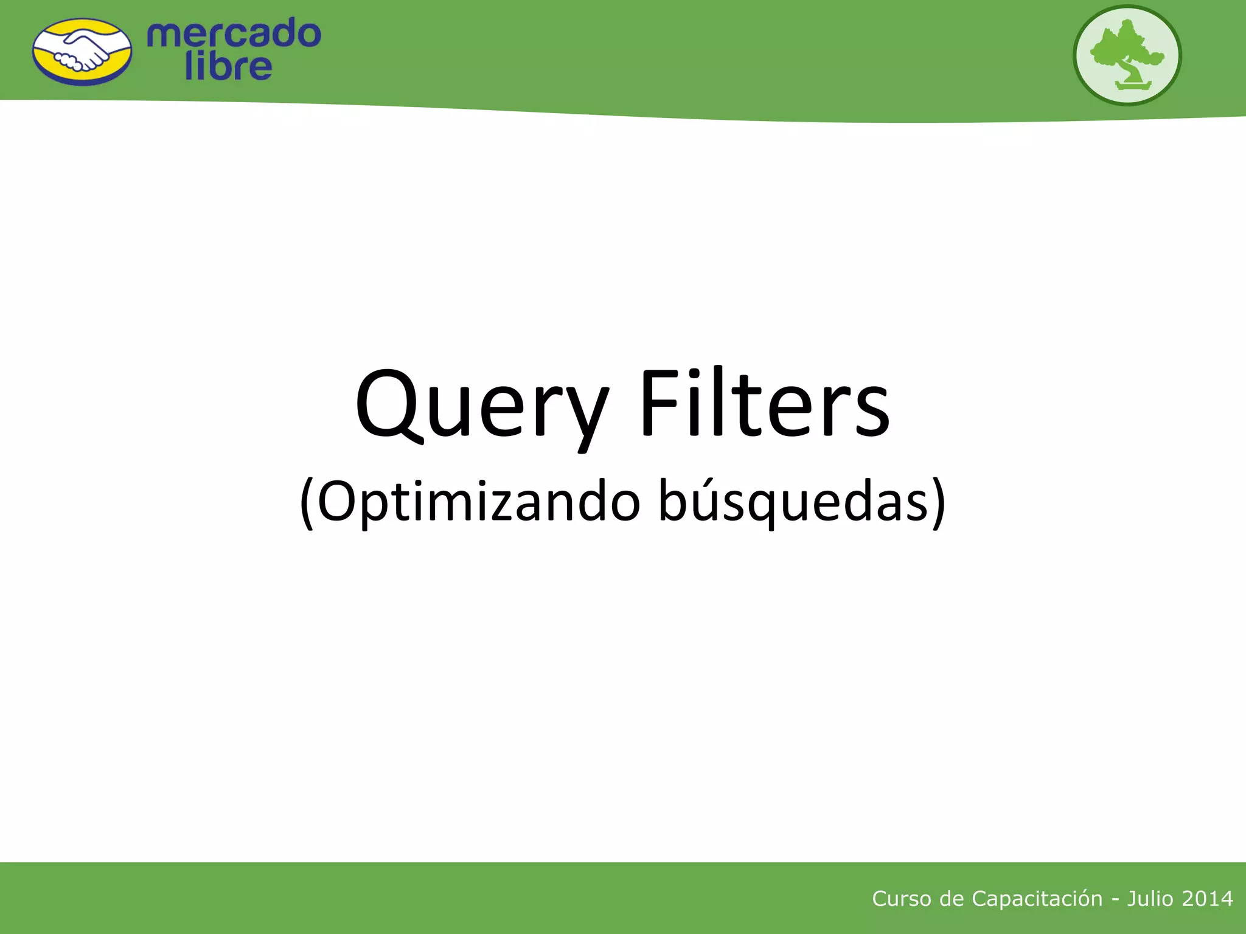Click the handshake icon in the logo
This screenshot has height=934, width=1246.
[82, 52]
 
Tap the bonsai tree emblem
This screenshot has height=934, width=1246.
[1127, 55]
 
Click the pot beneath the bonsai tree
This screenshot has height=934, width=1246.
[1133, 85]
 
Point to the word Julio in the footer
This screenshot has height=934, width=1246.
[1150, 899]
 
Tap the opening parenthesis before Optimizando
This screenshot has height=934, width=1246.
[307, 503]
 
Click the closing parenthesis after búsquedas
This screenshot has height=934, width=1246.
[939, 503]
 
